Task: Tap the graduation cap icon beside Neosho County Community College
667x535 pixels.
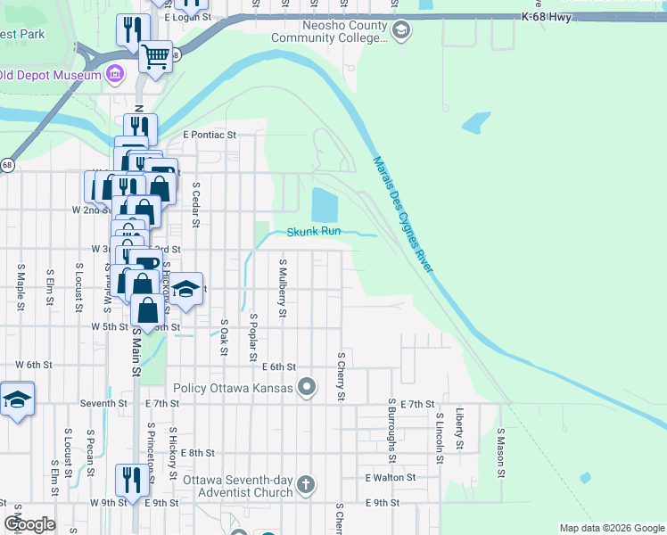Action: tap(401, 31)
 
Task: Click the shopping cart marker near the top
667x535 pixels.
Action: tap(156, 58)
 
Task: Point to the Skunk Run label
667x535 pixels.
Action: tap(314, 232)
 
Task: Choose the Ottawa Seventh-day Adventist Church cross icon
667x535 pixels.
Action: tap(306, 485)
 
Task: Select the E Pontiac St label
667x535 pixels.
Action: tap(209, 136)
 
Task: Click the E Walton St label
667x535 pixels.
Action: tap(391, 478)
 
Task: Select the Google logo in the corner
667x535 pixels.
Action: tap(29, 523)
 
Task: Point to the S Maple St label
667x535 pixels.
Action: tap(20, 286)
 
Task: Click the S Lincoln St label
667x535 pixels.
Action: tap(440, 439)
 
